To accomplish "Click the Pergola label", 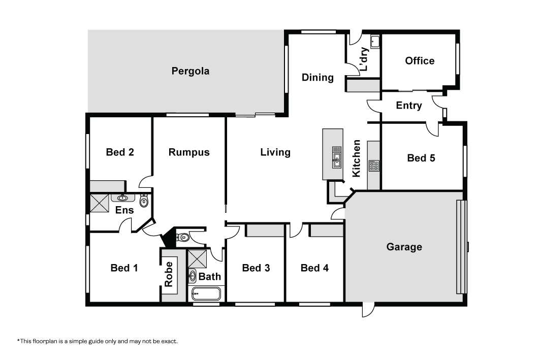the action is tap(190, 71).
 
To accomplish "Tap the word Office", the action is tap(420, 61).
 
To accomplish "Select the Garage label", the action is tap(404, 247).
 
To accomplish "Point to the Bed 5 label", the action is tap(421, 158).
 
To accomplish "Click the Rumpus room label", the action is tap(189, 152).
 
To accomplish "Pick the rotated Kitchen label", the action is tap(356, 158).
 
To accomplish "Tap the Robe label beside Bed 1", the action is tap(169, 274).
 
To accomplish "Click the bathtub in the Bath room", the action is tap(206, 294).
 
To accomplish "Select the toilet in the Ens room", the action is tap(144, 201).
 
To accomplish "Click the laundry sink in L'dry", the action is tap(375, 42).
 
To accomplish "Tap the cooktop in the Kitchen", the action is tap(374, 166).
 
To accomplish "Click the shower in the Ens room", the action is tap(100, 203).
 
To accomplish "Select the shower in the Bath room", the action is tap(197, 258).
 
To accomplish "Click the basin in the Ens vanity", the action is tap(122, 198).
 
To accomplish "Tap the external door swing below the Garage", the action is tap(368, 310).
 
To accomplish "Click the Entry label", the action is tap(409, 105).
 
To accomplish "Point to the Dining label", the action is tap(317, 78).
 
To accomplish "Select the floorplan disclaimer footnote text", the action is tap(98, 341).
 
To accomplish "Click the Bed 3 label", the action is tap(256, 268).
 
